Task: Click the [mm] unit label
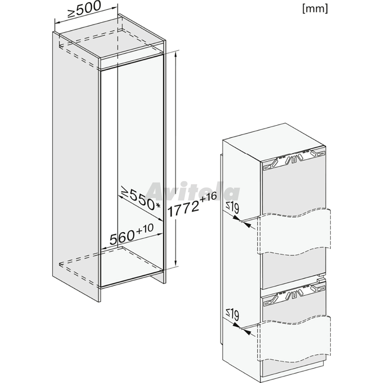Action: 315,9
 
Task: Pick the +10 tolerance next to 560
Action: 145,229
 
